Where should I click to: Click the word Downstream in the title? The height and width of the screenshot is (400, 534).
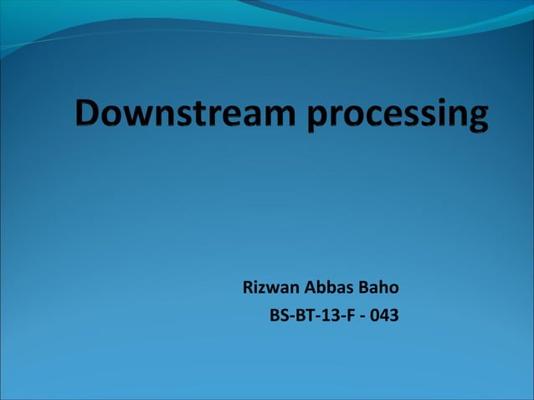[x=186, y=114]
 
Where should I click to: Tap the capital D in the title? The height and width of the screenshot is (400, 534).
[x=90, y=112]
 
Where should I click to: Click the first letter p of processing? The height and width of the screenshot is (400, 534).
[x=320, y=119]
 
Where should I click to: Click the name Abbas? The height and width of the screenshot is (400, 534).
[x=329, y=288]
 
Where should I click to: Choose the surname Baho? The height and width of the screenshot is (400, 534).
[x=379, y=288]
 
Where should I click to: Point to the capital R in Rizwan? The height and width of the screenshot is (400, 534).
[x=248, y=288]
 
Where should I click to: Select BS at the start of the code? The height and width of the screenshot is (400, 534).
[x=277, y=316]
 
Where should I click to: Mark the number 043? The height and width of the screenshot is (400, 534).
[x=384, y=316]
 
